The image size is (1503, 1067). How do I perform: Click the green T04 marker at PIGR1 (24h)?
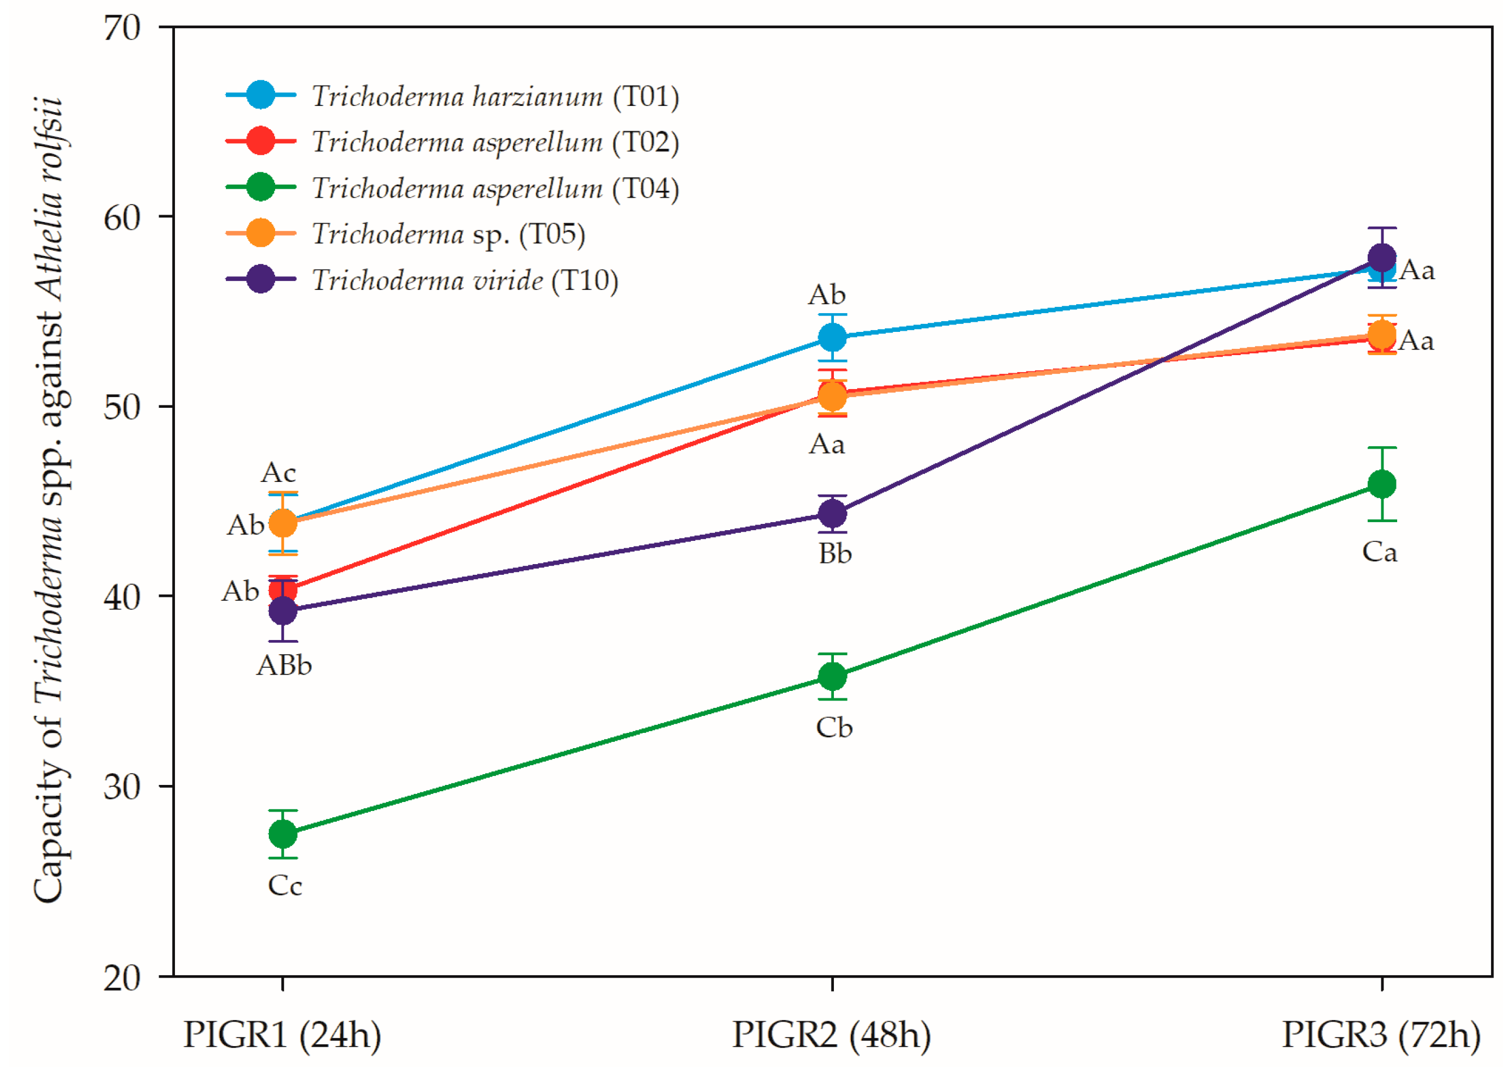coord(282,834)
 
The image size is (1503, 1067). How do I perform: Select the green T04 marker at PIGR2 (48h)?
coord(832,676)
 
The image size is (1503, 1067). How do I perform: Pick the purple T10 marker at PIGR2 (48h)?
coord(832,513)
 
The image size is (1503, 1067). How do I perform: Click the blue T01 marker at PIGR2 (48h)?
coord(832,338)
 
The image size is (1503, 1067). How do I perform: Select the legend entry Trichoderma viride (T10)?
coord(464,280)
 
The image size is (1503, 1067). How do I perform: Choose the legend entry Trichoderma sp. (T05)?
coord(448,234)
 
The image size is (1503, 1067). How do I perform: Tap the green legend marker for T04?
coord(260,187)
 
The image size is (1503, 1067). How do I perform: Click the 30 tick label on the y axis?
coord(123,786)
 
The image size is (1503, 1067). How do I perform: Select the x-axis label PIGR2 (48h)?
coord(831,1034)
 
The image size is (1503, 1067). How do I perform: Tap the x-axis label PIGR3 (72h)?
coord(1381,1034)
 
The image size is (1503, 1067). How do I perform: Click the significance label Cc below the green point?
coord(284,886)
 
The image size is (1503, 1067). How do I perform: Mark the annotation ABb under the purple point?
coord(284,665)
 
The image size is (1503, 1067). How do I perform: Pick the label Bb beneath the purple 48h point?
coord(834,554)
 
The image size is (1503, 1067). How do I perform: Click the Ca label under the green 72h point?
coord(1379,552)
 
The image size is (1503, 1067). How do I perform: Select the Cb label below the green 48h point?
coord(834,728)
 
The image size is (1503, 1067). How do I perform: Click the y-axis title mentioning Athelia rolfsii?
coord(49,500)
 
